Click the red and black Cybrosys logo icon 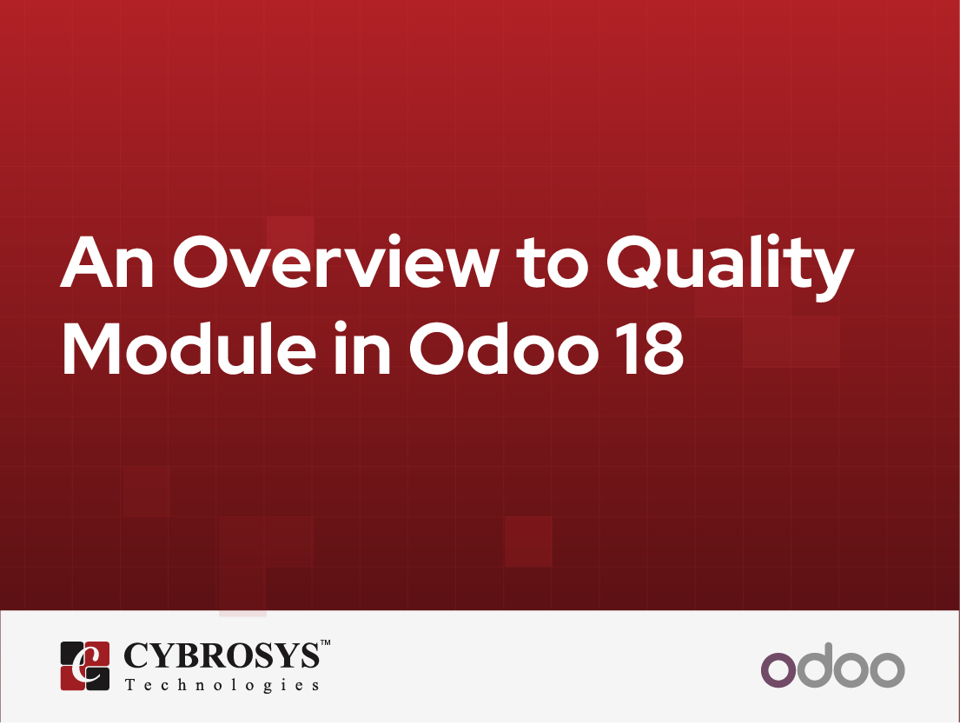84,665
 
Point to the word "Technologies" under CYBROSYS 222,685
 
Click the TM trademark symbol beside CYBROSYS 326,644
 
